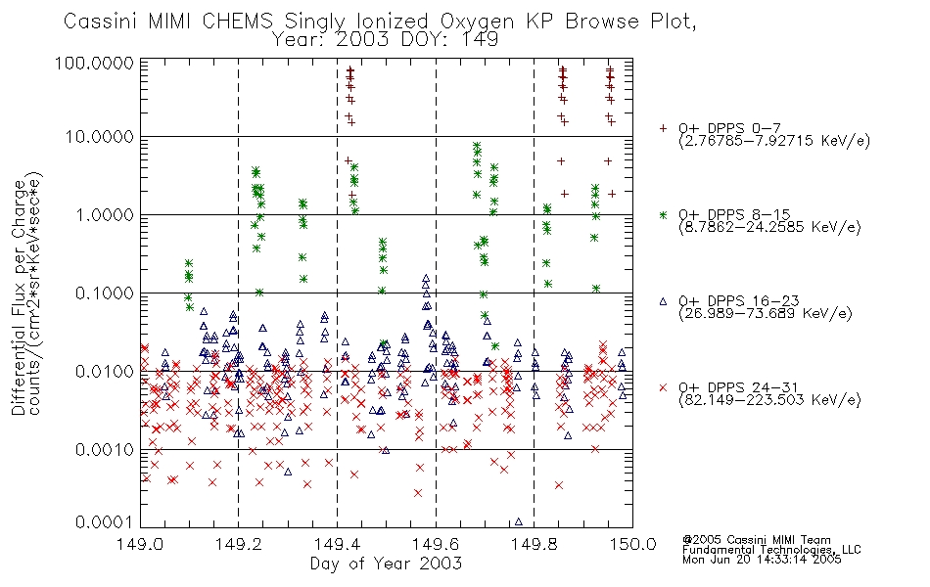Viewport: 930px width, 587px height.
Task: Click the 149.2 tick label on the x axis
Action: pyautogui.click(x=239, y=544)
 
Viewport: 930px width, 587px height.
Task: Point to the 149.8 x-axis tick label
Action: pyautogui.click(x=534, y=544)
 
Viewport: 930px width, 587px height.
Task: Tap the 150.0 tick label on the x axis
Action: pyautogui.click(x=632, y=544)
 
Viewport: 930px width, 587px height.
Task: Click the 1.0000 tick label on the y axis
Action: pyautogui.click(x=105, y=214)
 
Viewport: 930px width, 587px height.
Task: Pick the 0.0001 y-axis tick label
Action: pyautogui.click(x=105, y=522)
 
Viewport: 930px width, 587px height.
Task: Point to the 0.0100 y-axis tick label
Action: pyautogui.click(x=105, y=372)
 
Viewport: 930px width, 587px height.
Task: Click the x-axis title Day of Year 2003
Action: pyautogui.click(x=386, y=564)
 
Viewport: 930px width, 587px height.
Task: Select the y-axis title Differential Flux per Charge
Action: pyautogui.click(x=19, y=297)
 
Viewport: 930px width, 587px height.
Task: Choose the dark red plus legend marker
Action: pyautogui.click(x=663, y=128)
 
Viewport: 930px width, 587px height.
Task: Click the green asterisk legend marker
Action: pyautogui.click(x=663, y=214)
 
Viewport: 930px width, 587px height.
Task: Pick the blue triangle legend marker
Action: pyautogui.click(x=663, y=301)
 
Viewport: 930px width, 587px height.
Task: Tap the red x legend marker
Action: pyautogui.click(x=663, y=387)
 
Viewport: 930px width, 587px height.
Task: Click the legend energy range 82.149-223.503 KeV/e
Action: pyautogui.click(x=769, y=400)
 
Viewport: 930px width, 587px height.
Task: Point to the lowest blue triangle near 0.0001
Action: pyautogui.click(x=519, y=521)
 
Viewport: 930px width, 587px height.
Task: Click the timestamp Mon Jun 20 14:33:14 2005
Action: pyautogui.click(x=762, y=560)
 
